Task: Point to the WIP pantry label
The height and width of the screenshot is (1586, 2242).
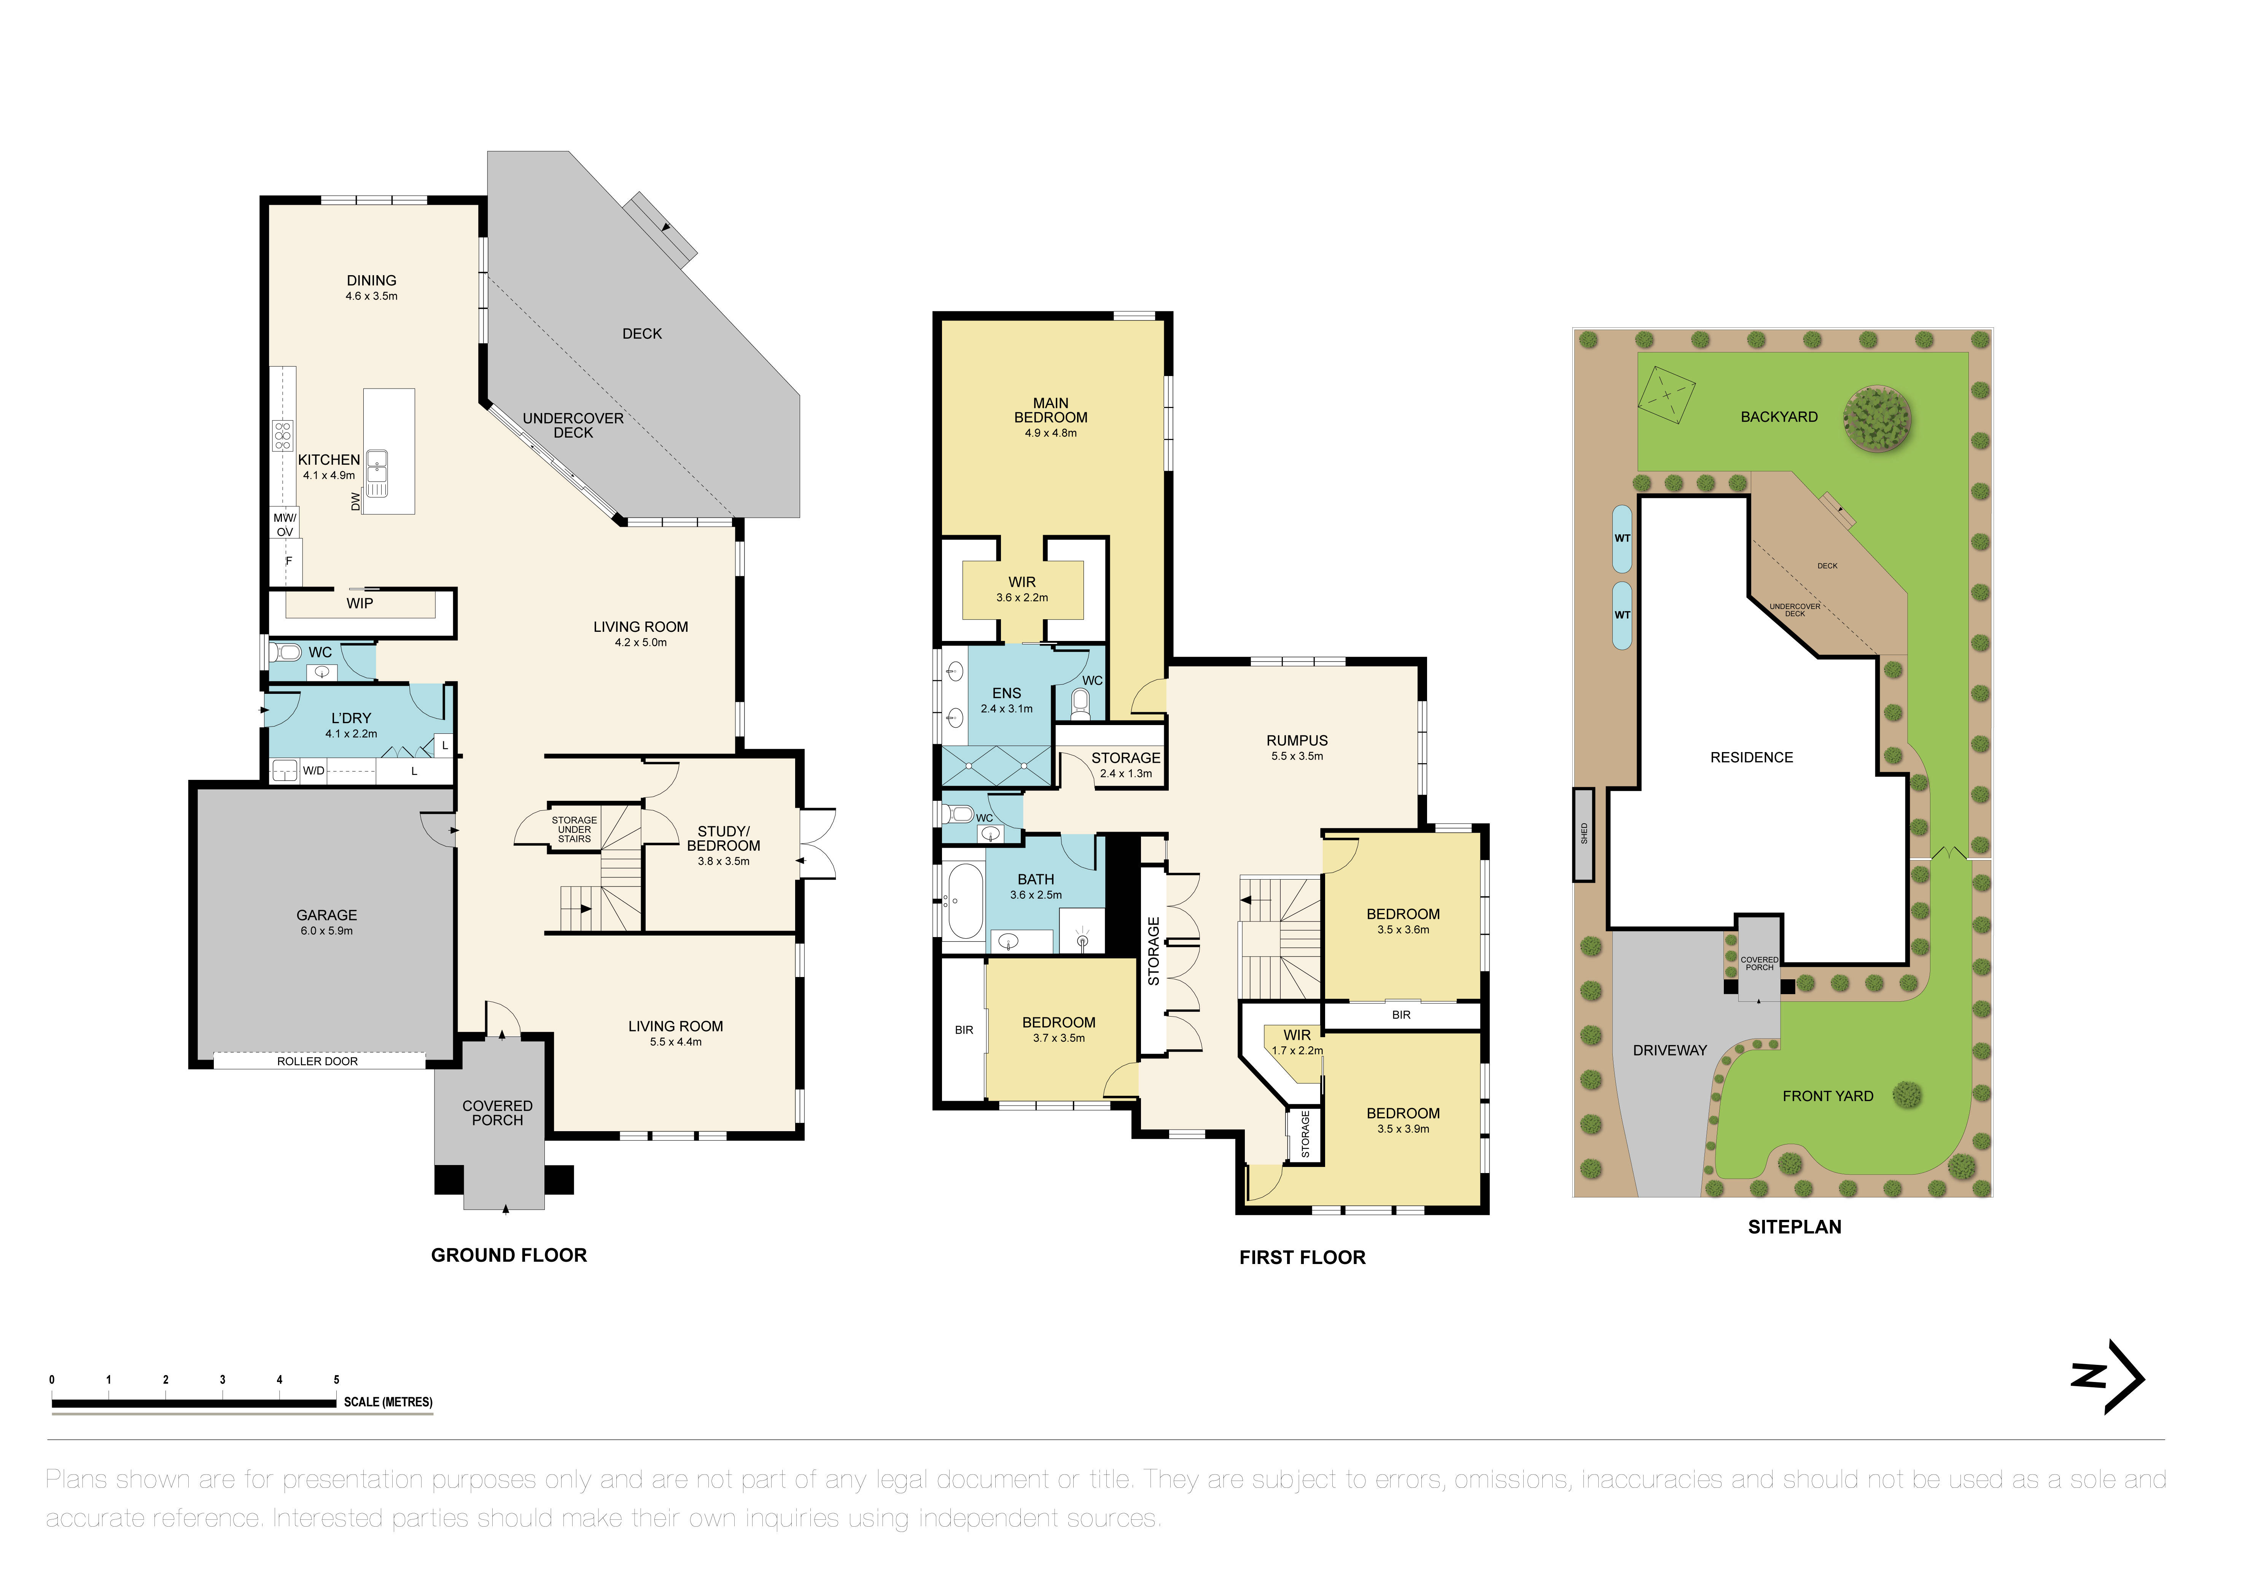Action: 360,604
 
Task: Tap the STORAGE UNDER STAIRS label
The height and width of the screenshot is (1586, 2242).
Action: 574,829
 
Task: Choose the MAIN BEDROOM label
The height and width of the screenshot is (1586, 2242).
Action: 1051,410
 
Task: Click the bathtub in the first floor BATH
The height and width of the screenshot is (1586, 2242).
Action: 965,899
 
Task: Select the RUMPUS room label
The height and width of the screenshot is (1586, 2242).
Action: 1297,740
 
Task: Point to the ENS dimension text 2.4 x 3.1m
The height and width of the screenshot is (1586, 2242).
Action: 1007,709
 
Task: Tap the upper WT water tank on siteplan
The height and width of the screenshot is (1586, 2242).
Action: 1622,538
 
